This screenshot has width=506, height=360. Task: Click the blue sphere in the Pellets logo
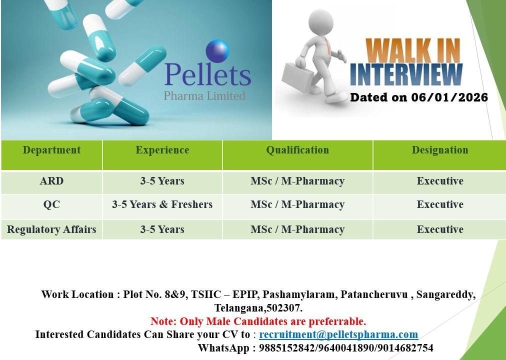click(217, 51)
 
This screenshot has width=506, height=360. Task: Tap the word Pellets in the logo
click(207, 74)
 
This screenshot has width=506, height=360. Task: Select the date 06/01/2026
click(449, 97)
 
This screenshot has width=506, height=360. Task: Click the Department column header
click(51, 150)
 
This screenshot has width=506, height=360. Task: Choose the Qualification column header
click(297, 150)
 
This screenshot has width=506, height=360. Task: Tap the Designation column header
click(440, 150)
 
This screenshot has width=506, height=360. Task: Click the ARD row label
click(51, 181)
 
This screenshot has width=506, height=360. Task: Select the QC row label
click(51, 204)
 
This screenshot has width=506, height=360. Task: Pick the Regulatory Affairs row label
click(51, 229)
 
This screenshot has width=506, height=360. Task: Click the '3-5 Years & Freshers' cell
click(162, 204)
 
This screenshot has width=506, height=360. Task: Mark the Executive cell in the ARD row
click(440, 181)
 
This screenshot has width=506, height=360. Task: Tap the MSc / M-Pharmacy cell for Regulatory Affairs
click(297, 229)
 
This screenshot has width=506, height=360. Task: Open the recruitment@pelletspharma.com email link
click(338, 334)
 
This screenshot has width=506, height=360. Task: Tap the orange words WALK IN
click(413, 51)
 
